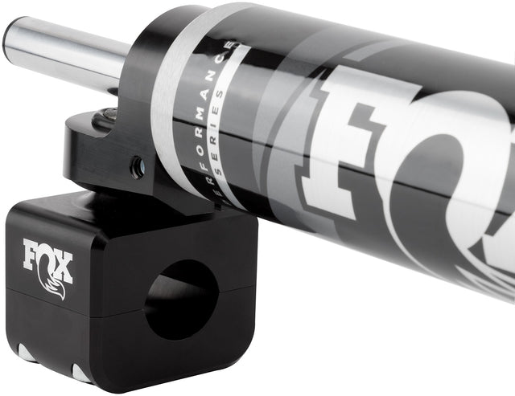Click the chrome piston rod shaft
[64, 51]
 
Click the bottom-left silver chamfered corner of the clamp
[25, 354]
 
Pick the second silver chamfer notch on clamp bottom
[80, 373]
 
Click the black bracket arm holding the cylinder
[105, 149]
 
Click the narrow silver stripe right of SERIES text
[241, 120]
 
